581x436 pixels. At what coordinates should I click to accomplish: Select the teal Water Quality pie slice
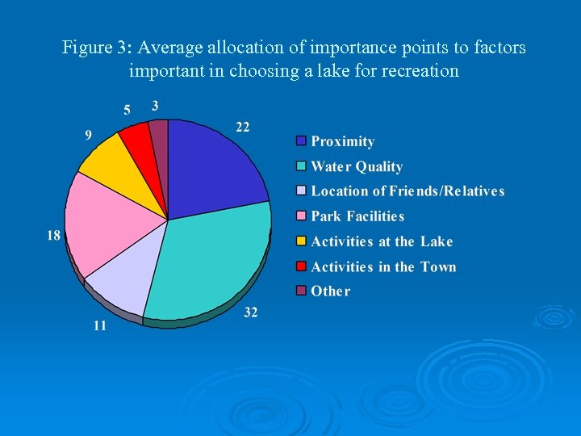coord(210,262)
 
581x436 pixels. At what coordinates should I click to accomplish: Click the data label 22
coord(242,127)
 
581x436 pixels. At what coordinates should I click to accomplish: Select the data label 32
coord(250,312)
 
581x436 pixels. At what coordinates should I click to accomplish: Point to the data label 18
coord(53,236)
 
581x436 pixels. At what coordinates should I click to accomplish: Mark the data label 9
coord(88,135)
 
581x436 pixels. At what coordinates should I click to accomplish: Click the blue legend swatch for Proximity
coord(301,141)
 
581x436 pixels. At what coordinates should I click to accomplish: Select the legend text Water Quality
coord(356,166)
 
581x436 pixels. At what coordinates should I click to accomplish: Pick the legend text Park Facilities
coord(357,216)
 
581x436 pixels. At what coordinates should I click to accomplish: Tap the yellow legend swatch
coord(301,241)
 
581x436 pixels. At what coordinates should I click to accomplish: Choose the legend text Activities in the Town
coord(383,266)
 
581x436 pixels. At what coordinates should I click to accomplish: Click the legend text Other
coord(330,291)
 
